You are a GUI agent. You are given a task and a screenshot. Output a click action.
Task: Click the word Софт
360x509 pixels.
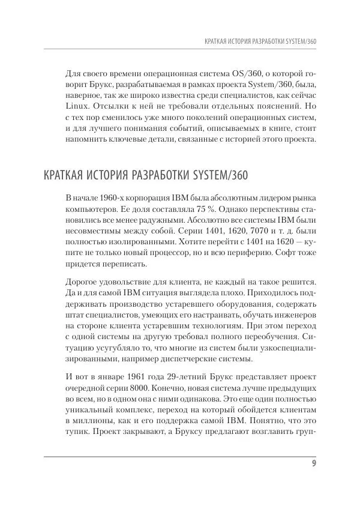point(280,260)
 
